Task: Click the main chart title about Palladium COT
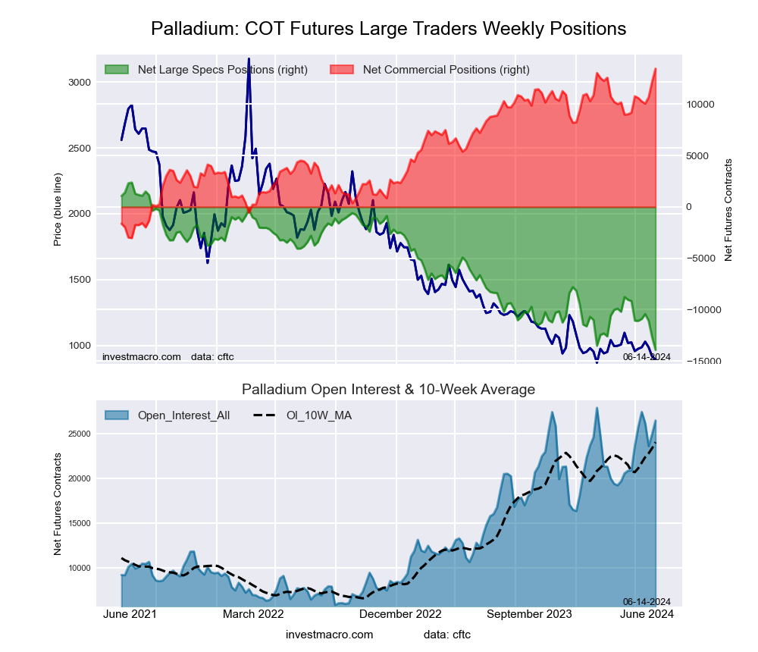pyautogui.click(x=388, y=29)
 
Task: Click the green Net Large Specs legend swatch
pyautogui.click(x=117, y=70)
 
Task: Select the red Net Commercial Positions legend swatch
pyautogui.click(x=343, y=70)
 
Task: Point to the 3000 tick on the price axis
pyautogui.click(x=79, y=82)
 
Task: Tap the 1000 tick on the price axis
pyautogui.click(x=79, y=346)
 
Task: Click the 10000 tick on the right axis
pyautogui.click(x=702, y=105)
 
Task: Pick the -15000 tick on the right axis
pyautogui.click(x=702, y=362)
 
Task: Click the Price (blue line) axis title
pyautogui.click(x=58, y=208)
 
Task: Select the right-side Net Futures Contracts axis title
pyautogui.click(x=728, y=210)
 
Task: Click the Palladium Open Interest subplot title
pyautogui.click(x=388, y=390)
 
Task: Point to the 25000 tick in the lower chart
pyautogui.click(x=79, y=434)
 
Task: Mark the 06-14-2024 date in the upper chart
pyautogui.click(x=647, y=356)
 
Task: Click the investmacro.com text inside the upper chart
pyautogui.click(x=142, y=356)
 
